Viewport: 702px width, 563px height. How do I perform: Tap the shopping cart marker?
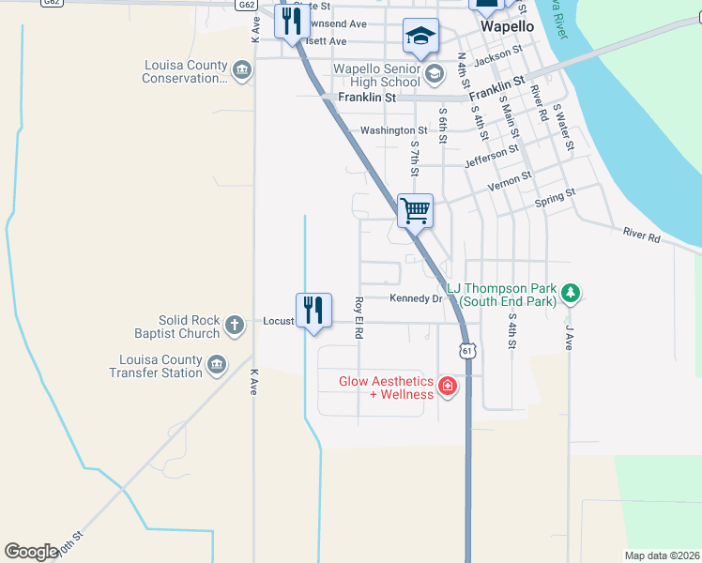[x=415, y=210]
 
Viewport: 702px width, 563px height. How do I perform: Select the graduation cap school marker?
[x=420, y=38]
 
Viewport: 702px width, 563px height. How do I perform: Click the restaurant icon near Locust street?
[x=313, y=311]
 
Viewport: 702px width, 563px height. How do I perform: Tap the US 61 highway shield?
[x=466, y=351]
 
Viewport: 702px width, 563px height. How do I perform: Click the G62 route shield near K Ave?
[x=247, y=5]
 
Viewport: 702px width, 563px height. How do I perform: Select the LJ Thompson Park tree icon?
[x=570, y=294]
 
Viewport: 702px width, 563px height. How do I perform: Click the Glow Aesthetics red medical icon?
[x=448, y=387]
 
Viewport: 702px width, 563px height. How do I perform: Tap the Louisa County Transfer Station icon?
[x=217, y=365]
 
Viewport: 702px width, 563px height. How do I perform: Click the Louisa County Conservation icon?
[x=242, y=70]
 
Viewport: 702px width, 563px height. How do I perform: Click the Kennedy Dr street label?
[x=416, y=299]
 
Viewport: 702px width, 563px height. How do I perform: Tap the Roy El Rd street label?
[x=359, y=317]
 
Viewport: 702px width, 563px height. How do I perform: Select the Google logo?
[x=31, y=552]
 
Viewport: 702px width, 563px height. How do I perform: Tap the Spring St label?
[x=554, y=198]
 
